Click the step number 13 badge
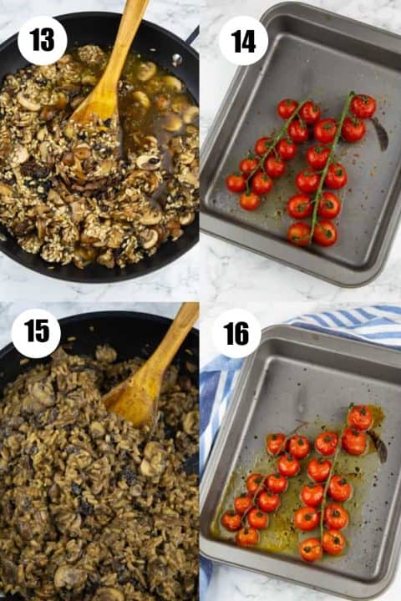pyautogui.click(x=43, y=40)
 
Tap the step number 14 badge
pyautogui.click(x=243, y=41)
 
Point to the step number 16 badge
pyautogui.click(x=236, y=333)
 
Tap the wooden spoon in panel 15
pyautogui.click(x=154, y=368)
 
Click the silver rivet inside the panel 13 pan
pyautogui.click(x=176, y=59)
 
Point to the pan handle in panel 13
pyautogui.click(x=192, y=35)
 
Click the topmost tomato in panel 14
pyautogui.click(x=363, y=106)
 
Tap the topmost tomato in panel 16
pyautogui.click(x=359, y=417)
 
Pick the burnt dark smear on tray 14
pyautogui.click(x=380, y=135)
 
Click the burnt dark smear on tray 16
pyautogui.click(x=378, y=446)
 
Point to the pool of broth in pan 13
pyautogui.click(x=154, y=111)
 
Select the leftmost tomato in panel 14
pyautogui.click(x=236, y=183)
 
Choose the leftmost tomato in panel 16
pyautogui.click(x=231, y=521)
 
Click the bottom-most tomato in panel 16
pyautogui.click(x=311, y=549)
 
